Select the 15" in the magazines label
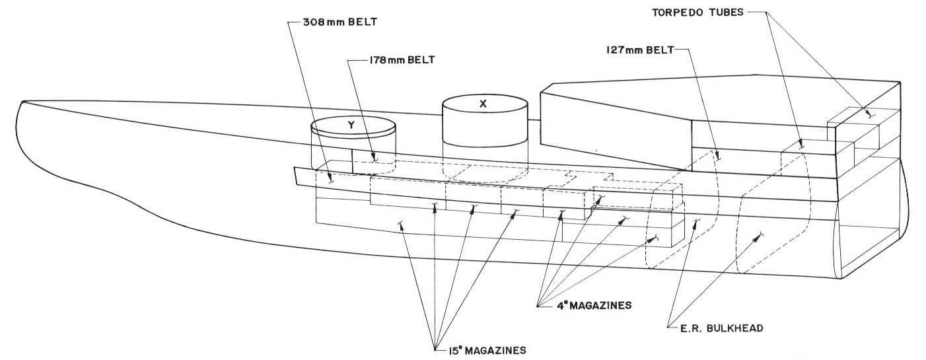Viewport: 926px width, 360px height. coord(447,349)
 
